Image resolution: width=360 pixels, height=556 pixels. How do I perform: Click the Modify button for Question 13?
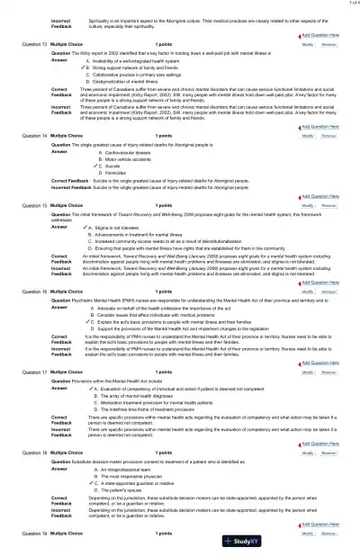point(308,43)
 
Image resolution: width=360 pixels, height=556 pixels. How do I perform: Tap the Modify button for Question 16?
point(308,291)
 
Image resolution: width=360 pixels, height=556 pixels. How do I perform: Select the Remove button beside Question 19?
point(329,533)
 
